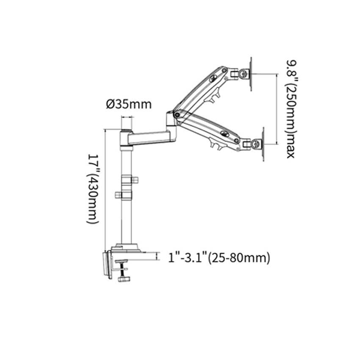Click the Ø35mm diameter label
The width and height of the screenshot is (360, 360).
[x=128, y=104]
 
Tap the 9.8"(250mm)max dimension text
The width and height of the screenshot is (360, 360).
[x=289, y=108]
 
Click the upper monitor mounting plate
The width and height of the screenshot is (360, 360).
[x=251, y=74]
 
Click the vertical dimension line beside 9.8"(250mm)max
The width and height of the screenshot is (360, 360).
[x=277, y=108]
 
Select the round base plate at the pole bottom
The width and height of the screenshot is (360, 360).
[x=127, y=247]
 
